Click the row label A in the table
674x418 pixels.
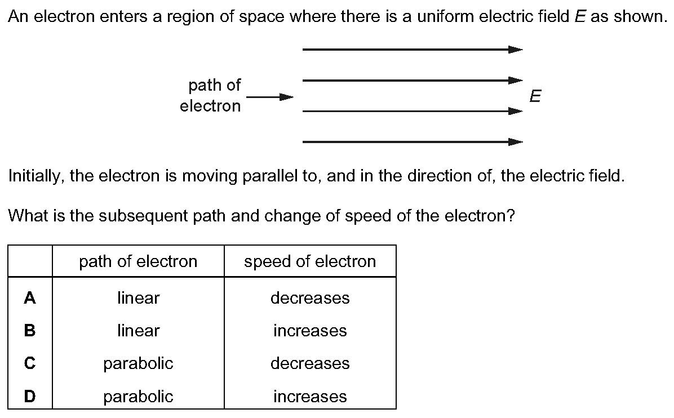[30, 297]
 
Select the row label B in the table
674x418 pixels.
[30, 330]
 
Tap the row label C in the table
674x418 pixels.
[30, 363]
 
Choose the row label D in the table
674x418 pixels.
[30, 396]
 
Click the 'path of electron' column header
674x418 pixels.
[138, 261]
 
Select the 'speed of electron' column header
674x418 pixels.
[310, 261]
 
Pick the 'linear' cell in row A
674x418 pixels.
[138, 297]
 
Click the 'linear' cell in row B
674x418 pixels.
[138, 330]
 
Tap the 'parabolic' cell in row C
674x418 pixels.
[138, 363]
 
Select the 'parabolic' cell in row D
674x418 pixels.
[138, 396]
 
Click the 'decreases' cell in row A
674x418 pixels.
[310, 297]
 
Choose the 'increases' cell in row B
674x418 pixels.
[310, 330]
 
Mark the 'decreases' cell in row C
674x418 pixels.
[310, 363]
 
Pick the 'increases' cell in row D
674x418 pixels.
[310, 396]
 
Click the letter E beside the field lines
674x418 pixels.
[535, 96]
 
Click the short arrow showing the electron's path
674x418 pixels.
[270, 97]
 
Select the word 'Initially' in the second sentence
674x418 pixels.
[36, 176]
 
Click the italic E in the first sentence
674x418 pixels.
[580, 16]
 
